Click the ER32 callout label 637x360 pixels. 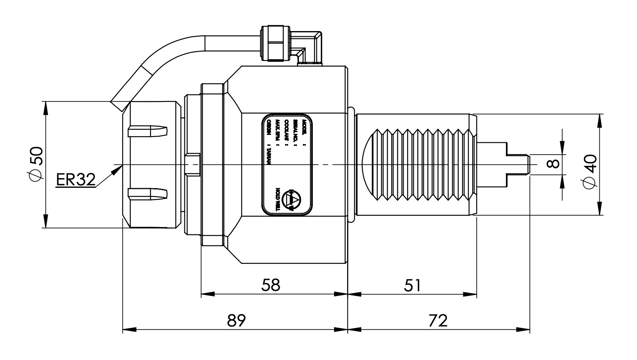[76, 179]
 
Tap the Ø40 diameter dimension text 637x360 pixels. [590, 172]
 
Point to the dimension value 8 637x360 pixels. [552, 164]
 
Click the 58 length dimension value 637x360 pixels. [271, 285]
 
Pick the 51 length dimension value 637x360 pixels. [413, 285]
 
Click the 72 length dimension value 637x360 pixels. [438, 320]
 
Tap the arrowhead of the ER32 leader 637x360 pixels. [119, 167]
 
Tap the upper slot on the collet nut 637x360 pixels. [148, 131]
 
